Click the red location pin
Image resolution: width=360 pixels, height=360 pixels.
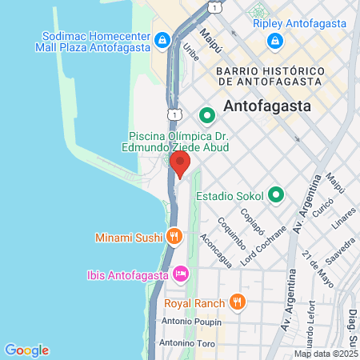pyautogui.click(x=180, y=164)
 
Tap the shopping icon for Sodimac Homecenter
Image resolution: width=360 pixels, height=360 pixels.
pyautogui.click(x=162, y=39)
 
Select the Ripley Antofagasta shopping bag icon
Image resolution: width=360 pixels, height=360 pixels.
pyautogui.click(x=274, y=40)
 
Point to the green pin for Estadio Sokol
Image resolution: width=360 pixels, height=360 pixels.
pyautogui.click(x=277, y=194)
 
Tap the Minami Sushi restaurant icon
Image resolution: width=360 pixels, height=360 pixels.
pyautogui.click(x=173, y=237)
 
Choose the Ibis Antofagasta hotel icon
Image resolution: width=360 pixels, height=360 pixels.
pyautogui.click(x=182, y=274)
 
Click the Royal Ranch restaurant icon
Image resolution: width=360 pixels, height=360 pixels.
pyautogui.click(x=237, y=302)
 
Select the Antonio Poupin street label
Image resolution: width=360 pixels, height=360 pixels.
pyautogui.click(x=189, y=322)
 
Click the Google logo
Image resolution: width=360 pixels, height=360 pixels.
pyautogui.click(x=26, y=350)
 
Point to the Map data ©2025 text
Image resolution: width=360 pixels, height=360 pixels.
pyautogui.click(x=326, y=354)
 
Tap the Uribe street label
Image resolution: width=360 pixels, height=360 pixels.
pyautogui.click(x=190, y=52)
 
